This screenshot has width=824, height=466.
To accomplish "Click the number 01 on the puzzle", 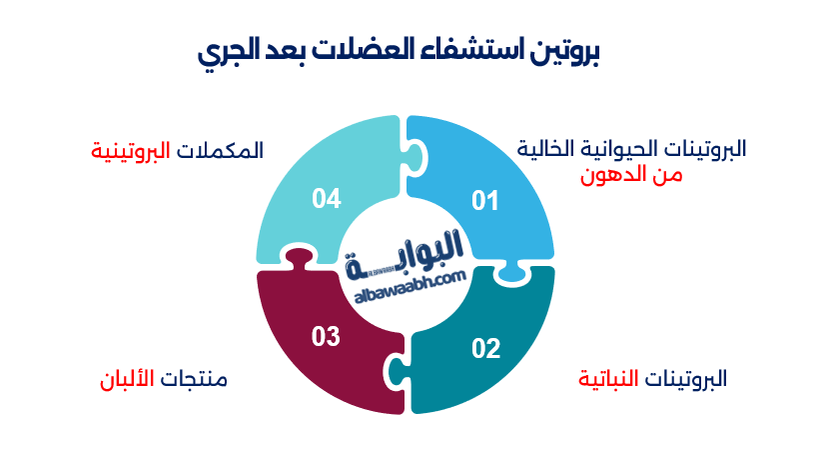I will point(484,202).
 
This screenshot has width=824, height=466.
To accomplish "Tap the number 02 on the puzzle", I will point(485,348).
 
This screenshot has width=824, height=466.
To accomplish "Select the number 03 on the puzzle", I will point(326,337).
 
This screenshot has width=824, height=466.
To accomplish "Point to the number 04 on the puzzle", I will point(327,198).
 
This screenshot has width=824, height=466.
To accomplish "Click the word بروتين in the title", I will point(564,52).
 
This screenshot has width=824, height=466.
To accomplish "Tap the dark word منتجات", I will point(198,380).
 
